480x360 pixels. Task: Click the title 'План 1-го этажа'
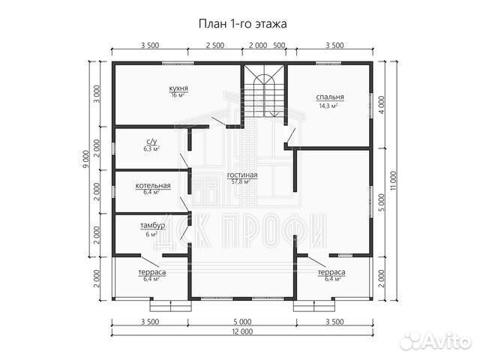pyautogui.click(x=241, y=23)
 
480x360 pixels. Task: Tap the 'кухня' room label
pyautogui.click(x=178, y=88)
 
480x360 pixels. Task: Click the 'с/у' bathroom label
pyautogui.click(x=150, y=141)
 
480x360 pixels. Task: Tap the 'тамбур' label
pyautogui.click(x=152, y=226)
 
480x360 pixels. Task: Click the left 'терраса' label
pyautogui.click(x=151, y=271)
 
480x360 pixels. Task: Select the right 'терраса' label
pyautogui.click(x=331, y=271)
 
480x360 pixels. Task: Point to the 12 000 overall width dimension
pyautogui.click(x=241, y=331)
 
